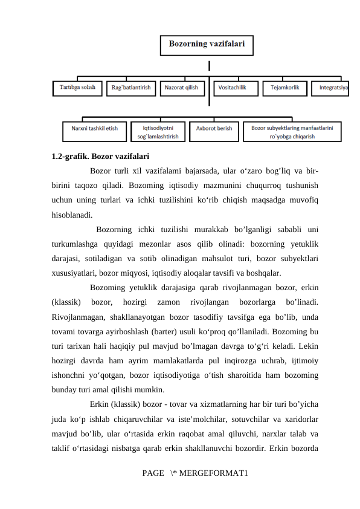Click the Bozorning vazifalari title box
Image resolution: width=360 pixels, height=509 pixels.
[x=206, y=45]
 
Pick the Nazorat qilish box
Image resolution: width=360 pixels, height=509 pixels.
[x=181, y=88]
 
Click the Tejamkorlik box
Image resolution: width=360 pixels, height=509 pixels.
[x=284, y=88]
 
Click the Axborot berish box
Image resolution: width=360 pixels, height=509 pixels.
[x=214, y=129]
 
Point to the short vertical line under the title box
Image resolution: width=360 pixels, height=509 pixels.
[x=210, y=65]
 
